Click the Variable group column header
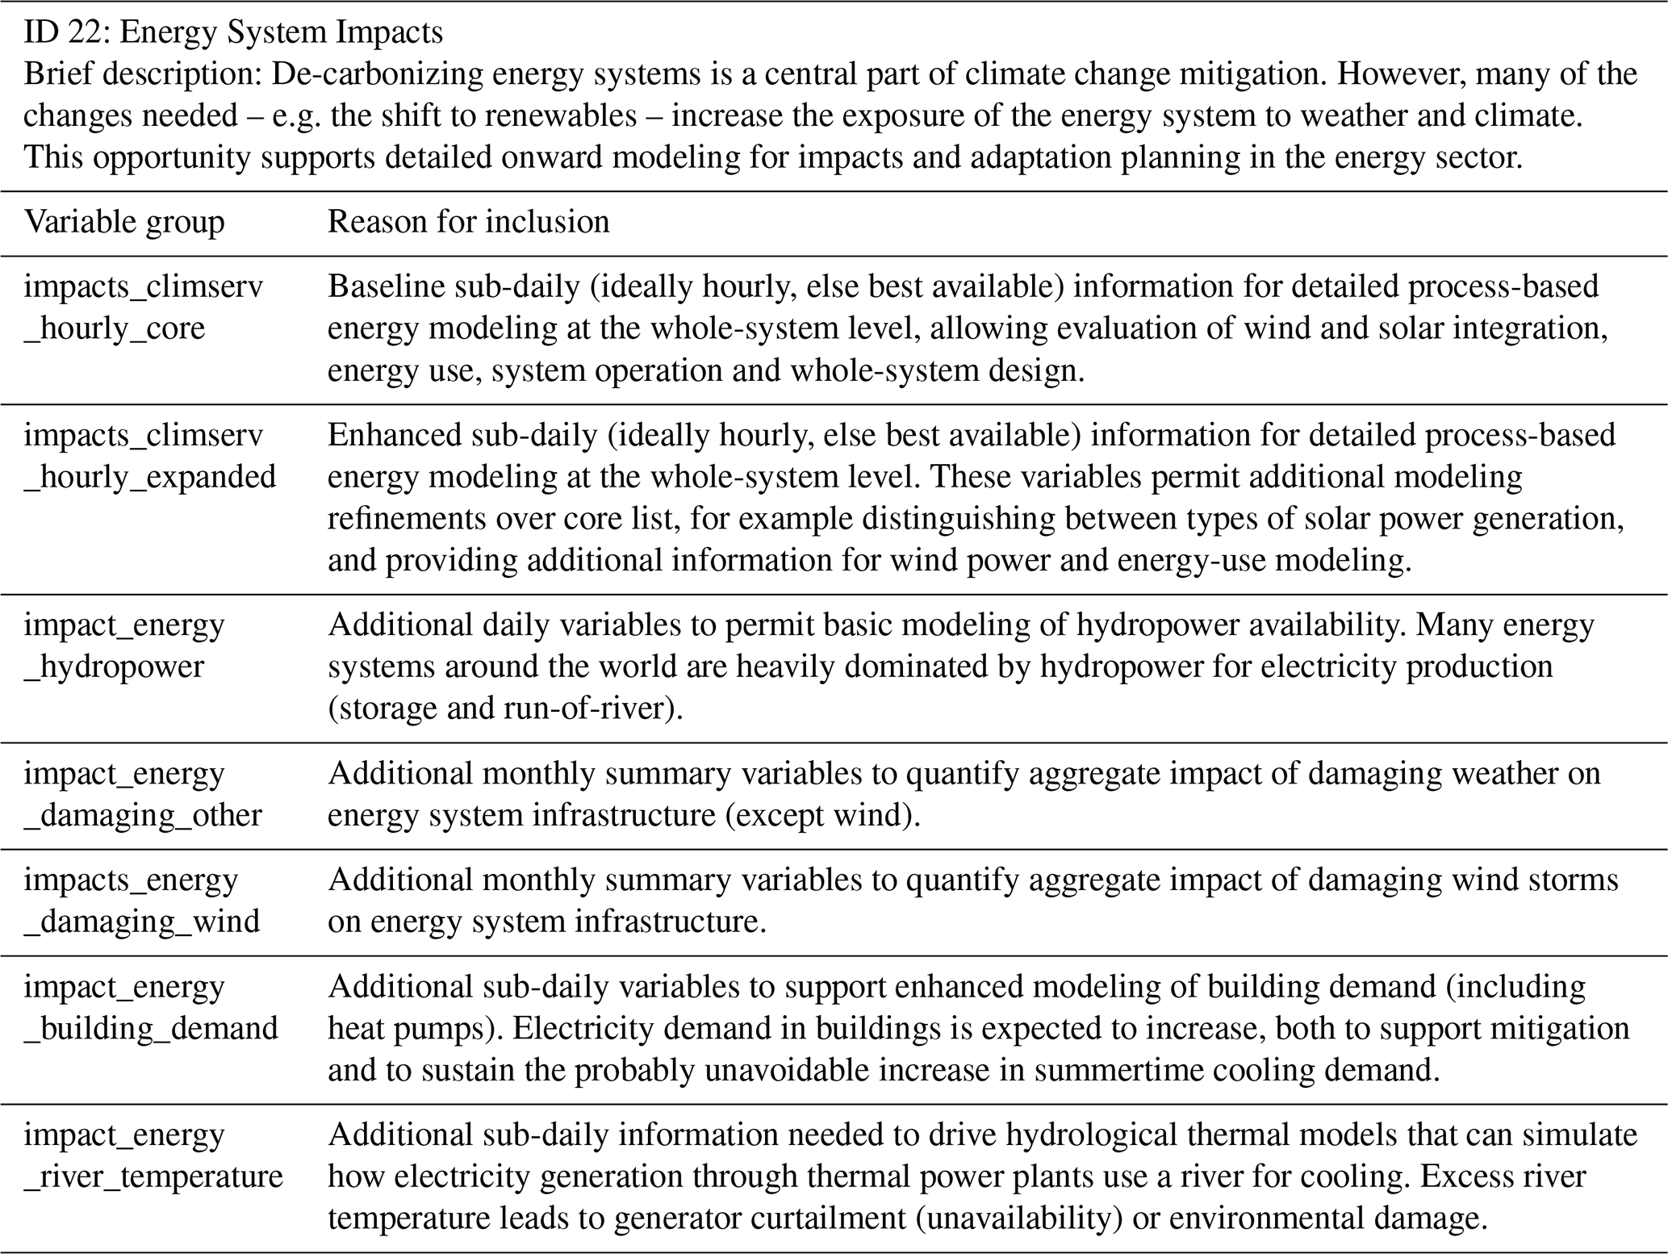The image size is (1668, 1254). pos(124,222)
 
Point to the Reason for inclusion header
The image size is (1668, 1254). pos(468,222)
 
